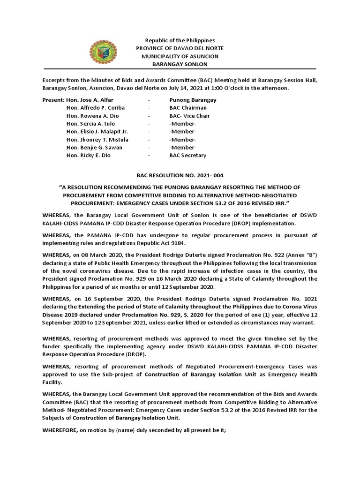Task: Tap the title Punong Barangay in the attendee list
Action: pos(193,100)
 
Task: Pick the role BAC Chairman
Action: pos(188,108)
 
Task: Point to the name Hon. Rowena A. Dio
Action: pos(93,116)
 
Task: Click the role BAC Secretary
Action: pos(187,156)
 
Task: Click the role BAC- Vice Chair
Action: pos(189,116)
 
